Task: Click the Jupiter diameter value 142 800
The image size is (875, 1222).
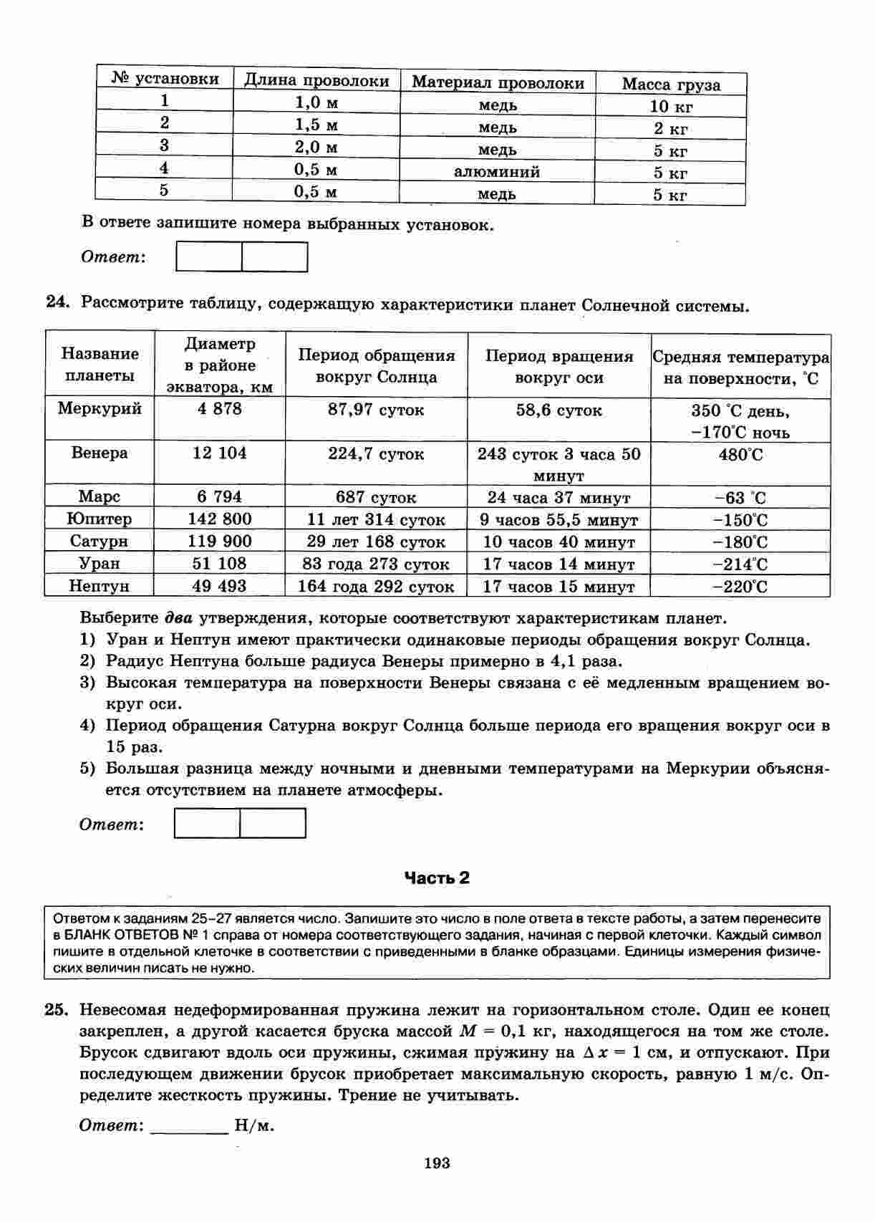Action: [x=219, y=519]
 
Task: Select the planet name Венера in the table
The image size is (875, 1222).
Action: [x=100, y=453]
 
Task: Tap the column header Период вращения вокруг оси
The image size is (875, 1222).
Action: [x=559, y=367]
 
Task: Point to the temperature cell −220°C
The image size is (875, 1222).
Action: [x=740, y=587]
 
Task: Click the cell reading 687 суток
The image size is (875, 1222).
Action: [x=376, y=497]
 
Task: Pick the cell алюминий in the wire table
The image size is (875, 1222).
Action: [x=497, y=172]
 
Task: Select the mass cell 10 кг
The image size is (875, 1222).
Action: [x=671, y=107]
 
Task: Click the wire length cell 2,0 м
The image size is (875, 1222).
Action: [x=316, y=148]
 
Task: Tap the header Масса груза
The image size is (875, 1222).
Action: [x=671, y=85]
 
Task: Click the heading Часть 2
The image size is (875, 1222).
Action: [x=437, y=877]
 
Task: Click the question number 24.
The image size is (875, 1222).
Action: [x=57, y=303]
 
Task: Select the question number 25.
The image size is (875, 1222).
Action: [x=56, y=1010]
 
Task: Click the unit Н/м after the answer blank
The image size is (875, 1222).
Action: [x=255, y=1125]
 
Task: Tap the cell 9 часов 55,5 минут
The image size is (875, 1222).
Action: [x=559, y=519]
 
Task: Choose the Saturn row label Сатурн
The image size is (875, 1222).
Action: [x=100, y=541]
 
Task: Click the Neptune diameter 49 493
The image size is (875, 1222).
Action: [x=219, y=586]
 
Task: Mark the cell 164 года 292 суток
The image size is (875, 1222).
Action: [x=376, y=587]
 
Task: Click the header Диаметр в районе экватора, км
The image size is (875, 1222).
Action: [x=219, y=365]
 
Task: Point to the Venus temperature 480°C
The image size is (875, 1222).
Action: [x=740, y=455]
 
